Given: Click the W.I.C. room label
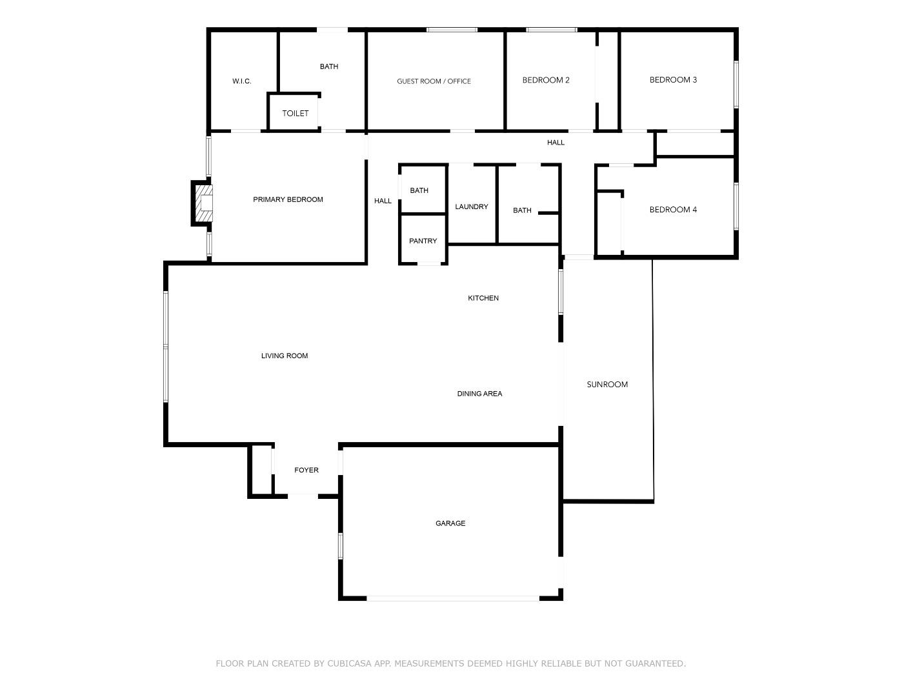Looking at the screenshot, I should [x=241, y=81].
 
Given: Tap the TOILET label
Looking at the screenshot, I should [x=295, y=114].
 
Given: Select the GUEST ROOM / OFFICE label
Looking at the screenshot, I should [x=434, y=81].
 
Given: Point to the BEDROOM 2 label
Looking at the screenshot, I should [x=545, y=80].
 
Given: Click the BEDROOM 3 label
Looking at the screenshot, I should [x=672, y=80].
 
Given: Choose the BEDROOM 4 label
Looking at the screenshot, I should [x=672, y=210].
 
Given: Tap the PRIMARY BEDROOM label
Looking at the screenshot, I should [x=288, y=199].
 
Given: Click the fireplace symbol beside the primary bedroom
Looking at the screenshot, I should [x=203, y=203].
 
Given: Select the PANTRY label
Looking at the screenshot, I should [x=423, y=241].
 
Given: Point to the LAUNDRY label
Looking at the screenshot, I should [x=471, y=207].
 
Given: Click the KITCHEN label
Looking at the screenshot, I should [x=483, y=298].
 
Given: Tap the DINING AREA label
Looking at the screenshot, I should [x=479, y=394].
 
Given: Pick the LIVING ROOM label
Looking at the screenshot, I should [x=284, y=356].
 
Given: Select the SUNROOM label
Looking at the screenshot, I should [x=606, y=385].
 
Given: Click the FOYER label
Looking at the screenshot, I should [x=306, y=470].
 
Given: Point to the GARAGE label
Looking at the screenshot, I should [x=450, y=523].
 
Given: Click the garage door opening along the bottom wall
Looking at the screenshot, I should [x=452, y=598].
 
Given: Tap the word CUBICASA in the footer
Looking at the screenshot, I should [x=352, y=663].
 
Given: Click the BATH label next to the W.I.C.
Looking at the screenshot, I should [x=328, y=66].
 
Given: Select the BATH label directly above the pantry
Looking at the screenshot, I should [x=419, y=190].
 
